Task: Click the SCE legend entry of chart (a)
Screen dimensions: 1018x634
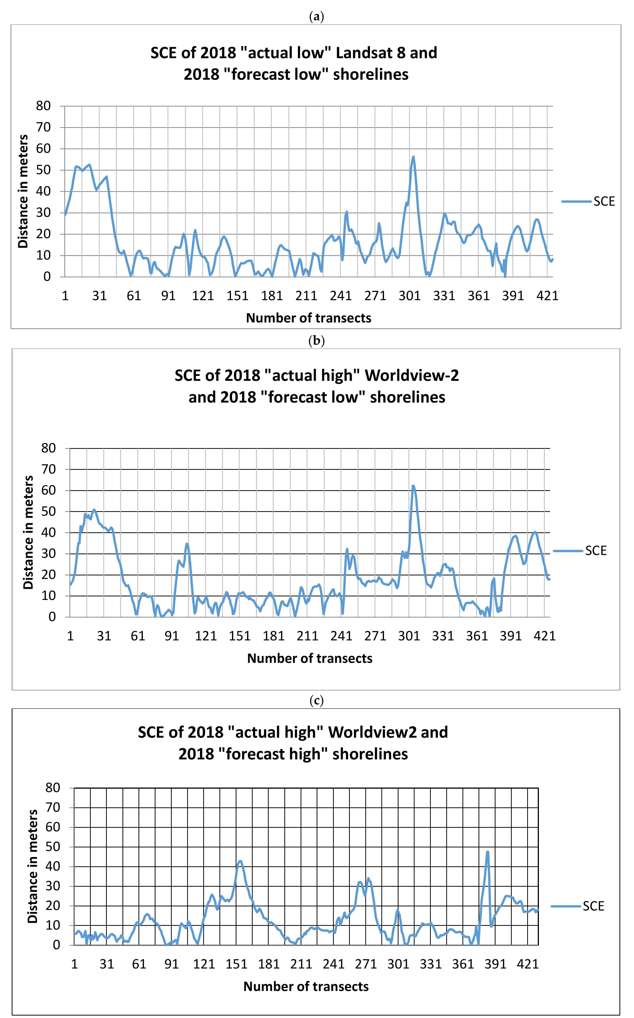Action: (604, 202)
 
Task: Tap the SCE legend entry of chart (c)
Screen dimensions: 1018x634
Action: (593, 906)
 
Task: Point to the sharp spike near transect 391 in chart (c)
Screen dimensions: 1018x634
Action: (487, 852)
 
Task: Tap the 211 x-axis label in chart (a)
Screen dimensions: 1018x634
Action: (306, 296)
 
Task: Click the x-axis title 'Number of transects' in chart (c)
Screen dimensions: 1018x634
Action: (306, 986)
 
